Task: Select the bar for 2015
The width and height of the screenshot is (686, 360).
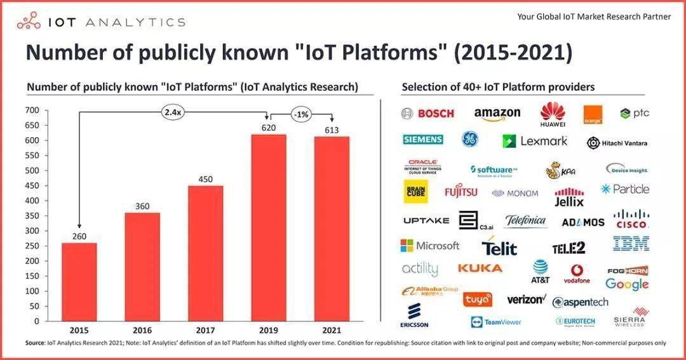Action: (79, 282)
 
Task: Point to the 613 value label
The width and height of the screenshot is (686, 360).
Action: (332, 130)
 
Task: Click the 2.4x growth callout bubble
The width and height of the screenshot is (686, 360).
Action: (173, 112)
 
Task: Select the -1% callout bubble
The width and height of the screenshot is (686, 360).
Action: (300, 115)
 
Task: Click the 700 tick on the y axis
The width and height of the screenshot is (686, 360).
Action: (33, 110)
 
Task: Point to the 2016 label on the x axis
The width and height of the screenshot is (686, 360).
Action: (142, 330)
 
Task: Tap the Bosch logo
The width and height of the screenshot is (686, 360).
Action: (428, 114)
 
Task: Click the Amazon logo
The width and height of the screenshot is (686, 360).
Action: (497, 114)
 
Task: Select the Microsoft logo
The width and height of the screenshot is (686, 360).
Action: (430, 246)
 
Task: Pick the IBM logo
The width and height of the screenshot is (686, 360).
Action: (631, 243)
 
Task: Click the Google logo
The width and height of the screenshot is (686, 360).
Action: (627, 284)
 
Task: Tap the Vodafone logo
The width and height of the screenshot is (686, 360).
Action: (577, 273)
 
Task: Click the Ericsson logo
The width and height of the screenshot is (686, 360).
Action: (414, 315)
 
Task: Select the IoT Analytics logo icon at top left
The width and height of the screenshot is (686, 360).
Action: (28, 22)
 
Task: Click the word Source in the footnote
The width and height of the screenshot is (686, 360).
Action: (35, 343)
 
